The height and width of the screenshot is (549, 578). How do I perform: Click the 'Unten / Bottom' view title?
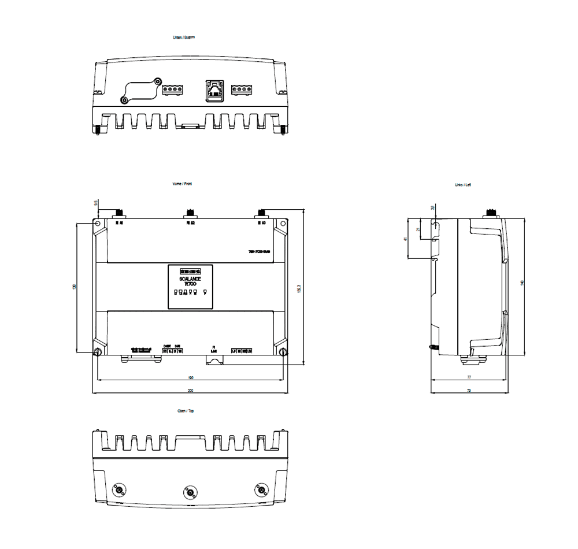[x=184, y=37]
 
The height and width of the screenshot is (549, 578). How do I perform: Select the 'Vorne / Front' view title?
[x=183, y=184]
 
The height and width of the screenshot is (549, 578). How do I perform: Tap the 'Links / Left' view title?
[x=462, y=185]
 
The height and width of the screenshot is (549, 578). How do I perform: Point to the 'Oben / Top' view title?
[x=185, y=411]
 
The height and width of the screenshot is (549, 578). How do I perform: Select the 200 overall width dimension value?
[x=190, y=391]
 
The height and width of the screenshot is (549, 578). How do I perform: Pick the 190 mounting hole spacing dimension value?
[x=190, y=378]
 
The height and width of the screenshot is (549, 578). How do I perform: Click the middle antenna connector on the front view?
[x=190, y=213]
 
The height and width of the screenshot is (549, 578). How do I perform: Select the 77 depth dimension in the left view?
[x=469, y=377]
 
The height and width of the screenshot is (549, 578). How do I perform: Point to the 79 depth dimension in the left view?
[x=469, y=391]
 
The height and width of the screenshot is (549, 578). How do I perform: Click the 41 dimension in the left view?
[x=406, y=239]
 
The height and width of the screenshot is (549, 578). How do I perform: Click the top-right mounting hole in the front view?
[x=283, y=224]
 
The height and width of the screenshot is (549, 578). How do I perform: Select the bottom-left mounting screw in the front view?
[x=98, y=351]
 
